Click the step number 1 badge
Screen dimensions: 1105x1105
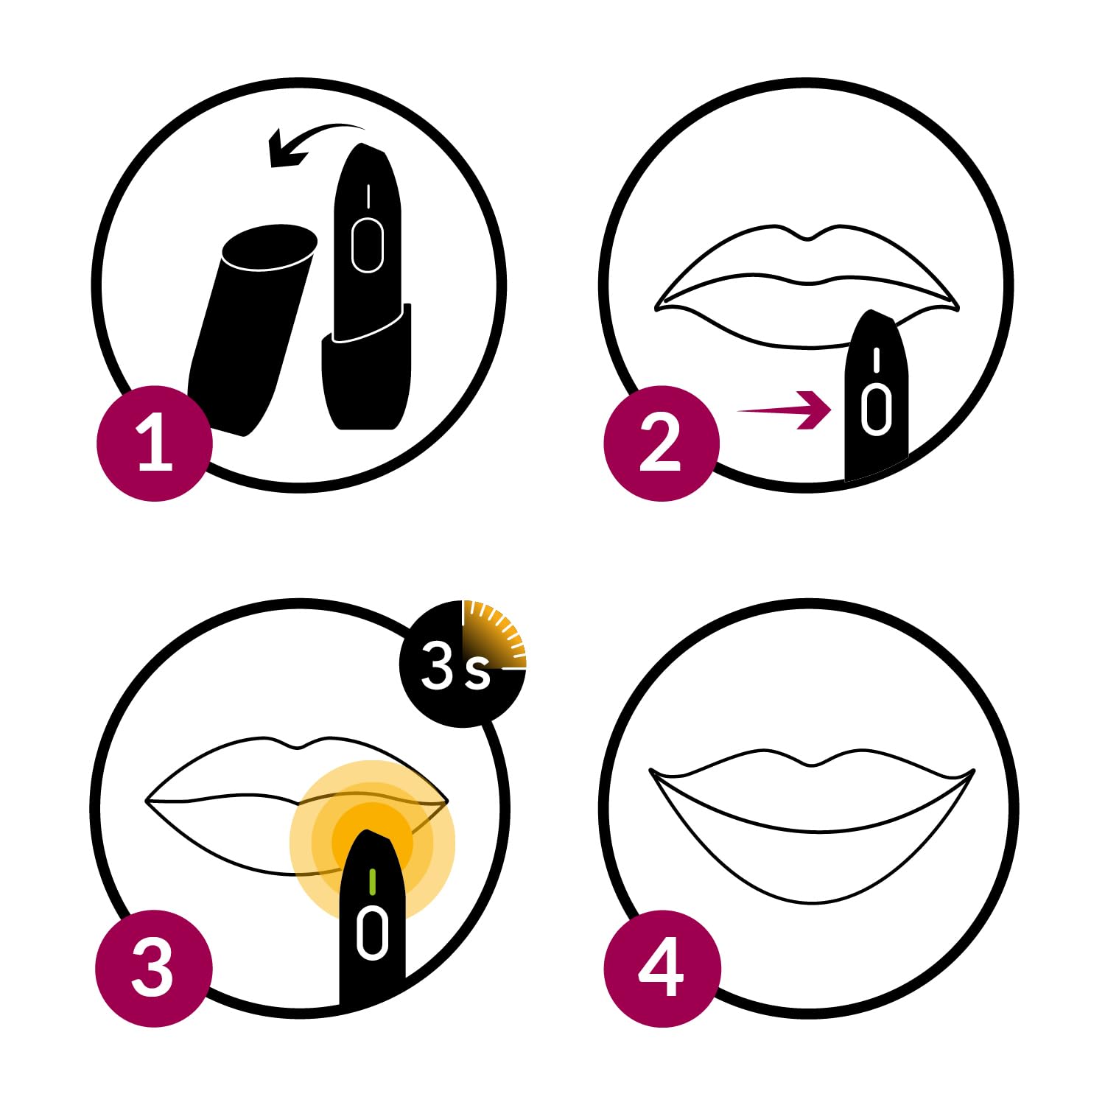coord(155,444)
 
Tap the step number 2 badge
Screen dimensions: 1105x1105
coord(661,444)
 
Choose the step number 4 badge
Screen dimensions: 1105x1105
coord(661,968)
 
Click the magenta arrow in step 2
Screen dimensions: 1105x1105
coord(785,410)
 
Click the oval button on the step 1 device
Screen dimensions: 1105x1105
coord(368,245)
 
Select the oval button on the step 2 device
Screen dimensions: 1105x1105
coord(876,408)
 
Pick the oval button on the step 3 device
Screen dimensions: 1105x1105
coord(372,933)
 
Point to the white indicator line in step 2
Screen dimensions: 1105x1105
coord(876,360)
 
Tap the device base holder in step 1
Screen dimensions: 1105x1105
coord(366,368)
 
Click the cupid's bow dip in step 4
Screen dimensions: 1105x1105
coord(812,765)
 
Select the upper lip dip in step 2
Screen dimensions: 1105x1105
coord(808,238)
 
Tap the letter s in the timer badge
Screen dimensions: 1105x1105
coord(477,673)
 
